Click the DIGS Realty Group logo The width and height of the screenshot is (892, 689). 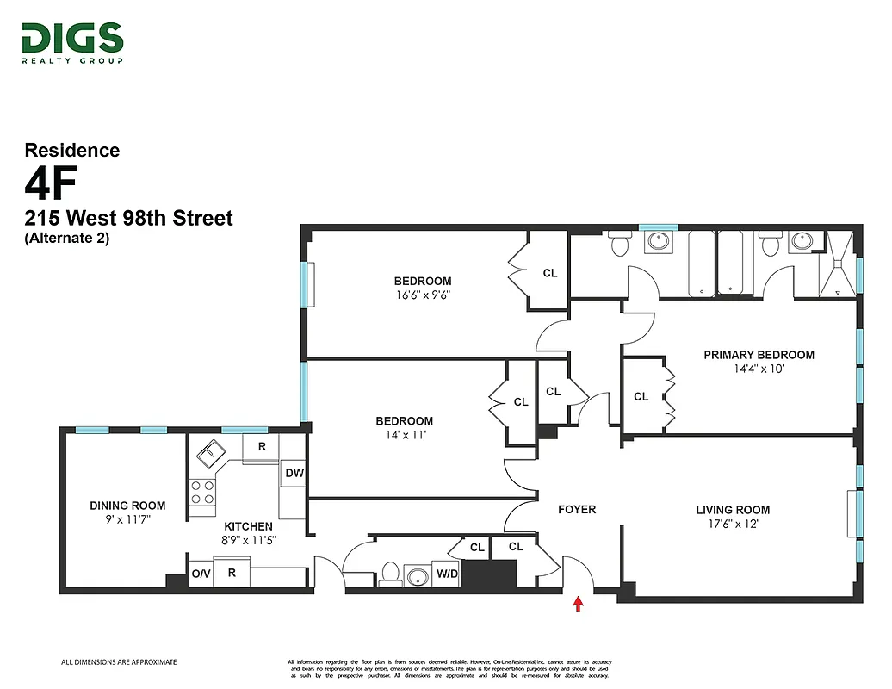(72, 43)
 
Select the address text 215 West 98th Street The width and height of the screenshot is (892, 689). (128, 218)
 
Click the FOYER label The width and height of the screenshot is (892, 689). (576, 509)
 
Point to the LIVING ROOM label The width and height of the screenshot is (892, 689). (733, 510)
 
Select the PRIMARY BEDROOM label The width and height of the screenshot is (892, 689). (759, 355)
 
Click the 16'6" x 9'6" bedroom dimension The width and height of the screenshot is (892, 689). (422, 295)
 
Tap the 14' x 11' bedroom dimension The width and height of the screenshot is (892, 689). (404, 435)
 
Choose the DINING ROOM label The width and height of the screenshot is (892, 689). (127, 506)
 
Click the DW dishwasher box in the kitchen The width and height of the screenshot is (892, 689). (293, 473)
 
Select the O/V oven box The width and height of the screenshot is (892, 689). (201, 573)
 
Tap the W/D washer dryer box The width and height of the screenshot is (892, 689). (446, 574)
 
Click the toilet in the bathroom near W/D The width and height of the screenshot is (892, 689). (390, 573)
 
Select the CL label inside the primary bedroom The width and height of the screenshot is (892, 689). (641, 397)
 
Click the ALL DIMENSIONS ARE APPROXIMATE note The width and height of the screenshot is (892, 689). (119, 662)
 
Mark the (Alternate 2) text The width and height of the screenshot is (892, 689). (67, 239)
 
